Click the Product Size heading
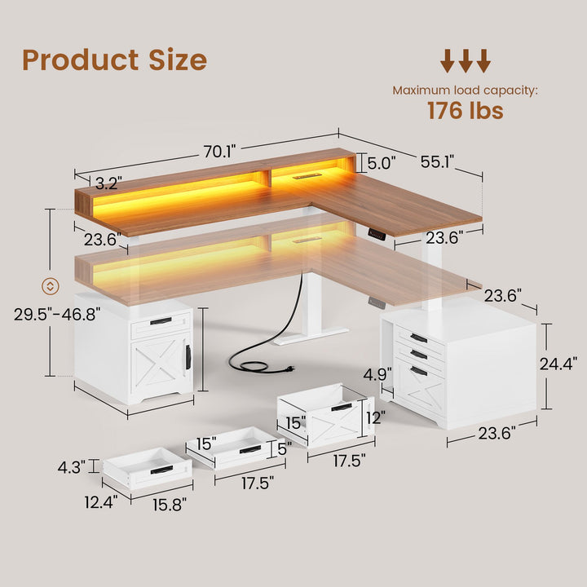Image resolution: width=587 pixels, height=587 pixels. [x=114, y=60]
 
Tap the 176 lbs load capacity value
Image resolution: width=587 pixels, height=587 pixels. [x=465, y=111]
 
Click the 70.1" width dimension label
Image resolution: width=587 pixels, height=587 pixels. [x=219, y=151]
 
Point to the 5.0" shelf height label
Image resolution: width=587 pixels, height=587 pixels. [x=381, y=163]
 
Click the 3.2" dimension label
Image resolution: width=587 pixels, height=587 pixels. [x=108, y=182]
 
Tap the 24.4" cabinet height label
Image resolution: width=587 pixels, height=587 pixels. [x=560, y=361]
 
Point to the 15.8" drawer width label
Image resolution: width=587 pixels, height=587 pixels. [x=169, y=505]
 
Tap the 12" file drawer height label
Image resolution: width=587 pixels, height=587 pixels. [x=375, y=417]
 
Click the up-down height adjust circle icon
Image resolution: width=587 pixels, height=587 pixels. [x=50, y=285]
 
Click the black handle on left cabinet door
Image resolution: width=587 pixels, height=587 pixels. [x=188, y=356]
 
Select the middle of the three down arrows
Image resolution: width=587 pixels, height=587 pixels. [x=466, y=60]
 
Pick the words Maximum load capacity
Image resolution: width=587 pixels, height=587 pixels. [x=465, y=90]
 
